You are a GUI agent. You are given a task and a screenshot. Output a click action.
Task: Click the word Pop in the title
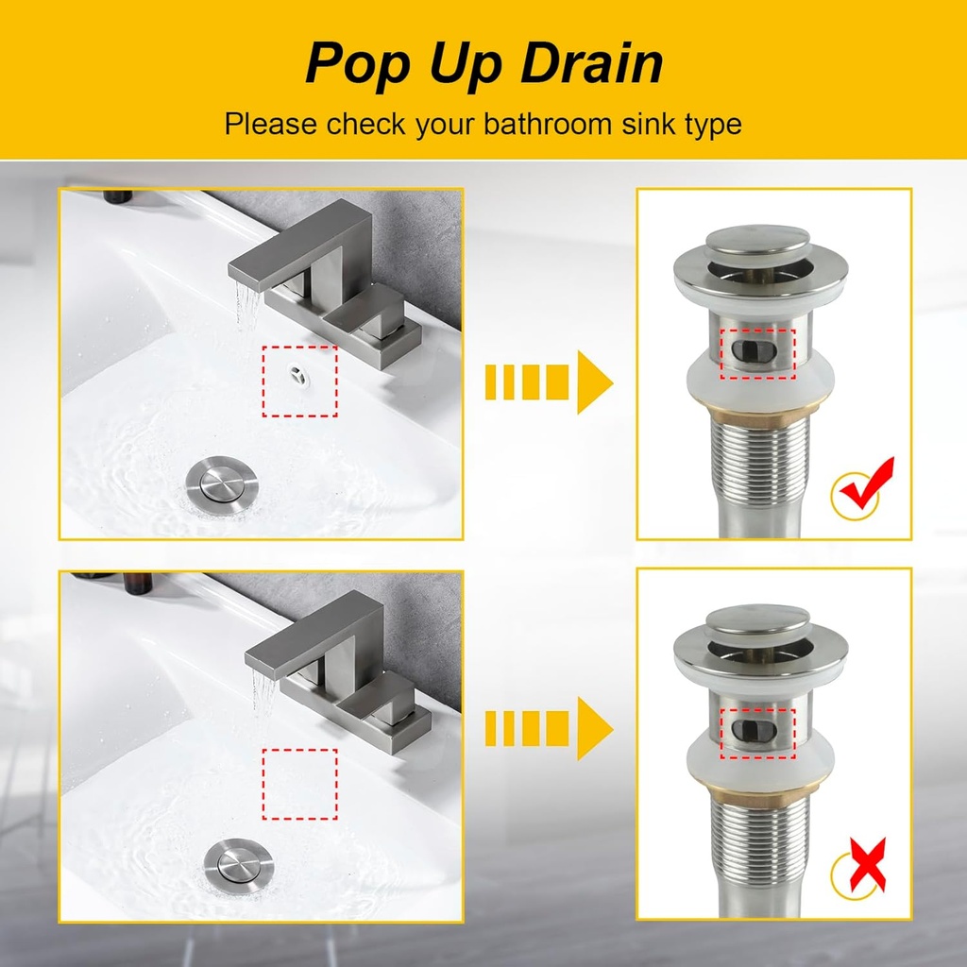point(347,64)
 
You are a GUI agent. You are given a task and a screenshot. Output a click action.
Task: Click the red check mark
point(867,484)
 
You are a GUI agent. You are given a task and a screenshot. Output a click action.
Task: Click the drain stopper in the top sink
point(219,480)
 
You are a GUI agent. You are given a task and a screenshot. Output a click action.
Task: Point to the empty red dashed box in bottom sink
point(299,784)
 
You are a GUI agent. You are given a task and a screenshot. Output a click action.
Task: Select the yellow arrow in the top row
point(549,382)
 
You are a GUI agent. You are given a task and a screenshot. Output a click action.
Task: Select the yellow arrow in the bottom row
point(549,728)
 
